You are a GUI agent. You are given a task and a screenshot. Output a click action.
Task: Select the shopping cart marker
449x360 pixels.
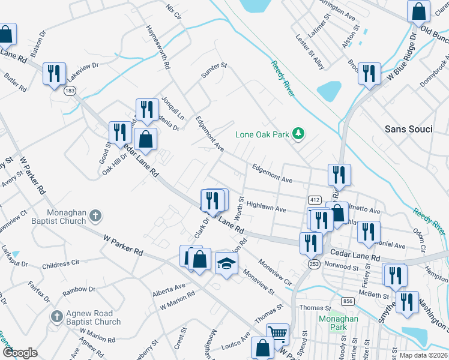click(277, 334)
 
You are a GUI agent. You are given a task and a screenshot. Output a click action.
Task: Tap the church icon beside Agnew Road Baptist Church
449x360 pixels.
click(56, 316)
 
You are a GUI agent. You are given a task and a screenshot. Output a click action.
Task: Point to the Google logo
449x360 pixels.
click(20, 353)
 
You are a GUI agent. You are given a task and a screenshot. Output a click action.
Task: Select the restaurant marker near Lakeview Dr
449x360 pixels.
click(55, 73)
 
